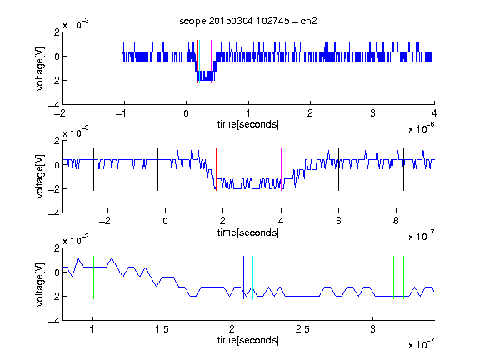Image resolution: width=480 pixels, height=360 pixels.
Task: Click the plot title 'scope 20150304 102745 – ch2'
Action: coord(248,21)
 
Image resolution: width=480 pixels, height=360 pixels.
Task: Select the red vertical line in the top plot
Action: coord(197,62)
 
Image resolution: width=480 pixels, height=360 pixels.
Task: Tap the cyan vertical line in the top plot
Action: coord(199,62)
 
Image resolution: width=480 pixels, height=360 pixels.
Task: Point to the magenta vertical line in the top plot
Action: coord(211,62)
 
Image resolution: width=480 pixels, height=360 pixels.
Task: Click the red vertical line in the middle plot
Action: coord(216,170)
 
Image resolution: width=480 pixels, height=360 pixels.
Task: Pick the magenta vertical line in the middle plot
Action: coord(281,170)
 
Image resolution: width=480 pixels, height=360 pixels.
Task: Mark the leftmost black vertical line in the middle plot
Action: coord(93,170)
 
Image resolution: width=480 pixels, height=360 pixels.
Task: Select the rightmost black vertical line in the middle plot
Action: coord(403,170)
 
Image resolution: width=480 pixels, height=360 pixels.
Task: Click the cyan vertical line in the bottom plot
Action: coord(252,277)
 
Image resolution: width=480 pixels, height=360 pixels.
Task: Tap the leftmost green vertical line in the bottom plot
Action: coord(93,277)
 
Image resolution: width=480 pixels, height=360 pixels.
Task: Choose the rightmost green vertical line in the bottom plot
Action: coord(403,277)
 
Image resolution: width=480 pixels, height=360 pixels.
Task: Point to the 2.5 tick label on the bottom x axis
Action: coord(302,329)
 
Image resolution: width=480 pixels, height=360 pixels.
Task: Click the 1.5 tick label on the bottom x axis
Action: coord(162,329)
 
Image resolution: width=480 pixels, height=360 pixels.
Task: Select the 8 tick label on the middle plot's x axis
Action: coord(396,221)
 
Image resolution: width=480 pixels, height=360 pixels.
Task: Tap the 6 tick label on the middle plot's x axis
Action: coord(338,221)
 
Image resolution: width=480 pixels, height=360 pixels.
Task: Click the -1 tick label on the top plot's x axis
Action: coord(121,113)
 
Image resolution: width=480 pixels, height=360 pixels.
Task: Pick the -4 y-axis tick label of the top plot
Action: coord(54,105)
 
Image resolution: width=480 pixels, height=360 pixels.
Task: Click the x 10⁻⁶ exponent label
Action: coord(422,128)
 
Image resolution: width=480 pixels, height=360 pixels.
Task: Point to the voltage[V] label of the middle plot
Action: coord(40,177)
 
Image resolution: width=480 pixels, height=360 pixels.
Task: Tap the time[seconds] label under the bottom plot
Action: coord(248,340)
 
